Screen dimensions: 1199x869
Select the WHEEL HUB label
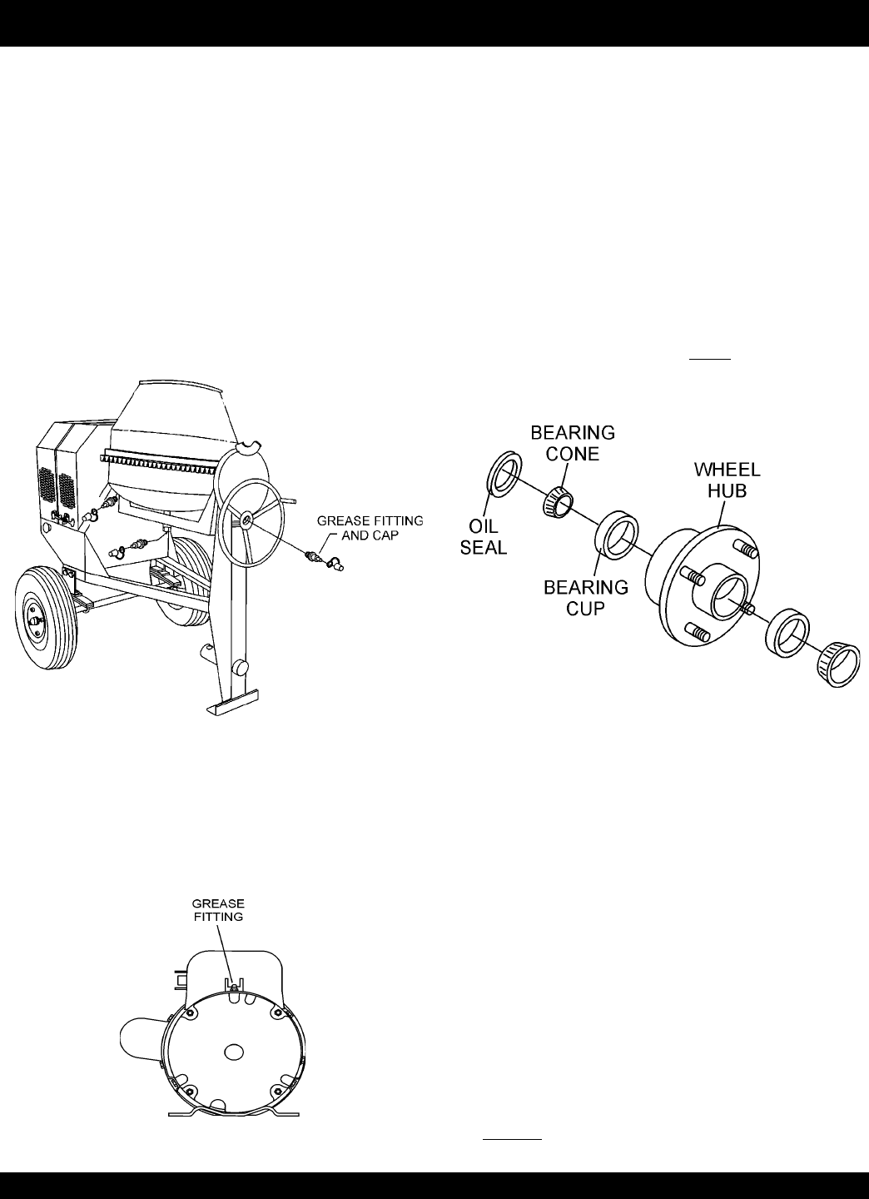[727, 481]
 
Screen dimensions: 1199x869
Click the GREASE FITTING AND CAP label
[370, 528]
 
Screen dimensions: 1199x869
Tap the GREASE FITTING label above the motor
[218, 909]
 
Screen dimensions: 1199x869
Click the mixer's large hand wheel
[249, 520]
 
